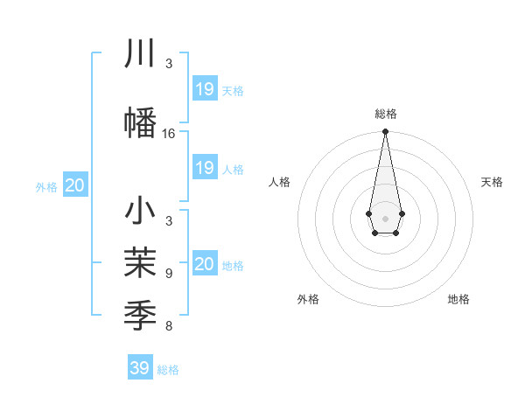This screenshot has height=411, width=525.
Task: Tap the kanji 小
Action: [x=141, y=212]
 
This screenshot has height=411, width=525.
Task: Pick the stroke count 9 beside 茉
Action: [x=168, y=274]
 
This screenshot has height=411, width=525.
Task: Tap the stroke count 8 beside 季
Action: [x=168, y=326]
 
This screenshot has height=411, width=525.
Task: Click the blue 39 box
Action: [x=140, y=368]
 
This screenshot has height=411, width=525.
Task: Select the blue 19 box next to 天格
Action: [x=205, y=89]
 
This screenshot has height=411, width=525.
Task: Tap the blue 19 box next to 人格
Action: [x=205, y=168]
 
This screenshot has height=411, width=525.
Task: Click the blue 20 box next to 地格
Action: [x=205, y=264]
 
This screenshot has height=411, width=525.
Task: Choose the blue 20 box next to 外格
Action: [x=75, y=185]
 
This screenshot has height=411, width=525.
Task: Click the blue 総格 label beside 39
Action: [x=169, y=370]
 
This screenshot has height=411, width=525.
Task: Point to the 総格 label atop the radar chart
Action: [x=385, y=114]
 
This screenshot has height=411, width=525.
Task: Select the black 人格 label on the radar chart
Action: [x=280, y=182]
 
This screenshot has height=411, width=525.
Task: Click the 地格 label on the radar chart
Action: [x=458, y=300]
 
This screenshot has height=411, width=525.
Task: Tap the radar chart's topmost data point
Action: [x=385, y=132]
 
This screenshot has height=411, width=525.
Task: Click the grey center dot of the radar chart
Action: [x=385, y=217]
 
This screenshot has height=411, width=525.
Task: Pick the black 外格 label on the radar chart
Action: [x=308, y=300]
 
